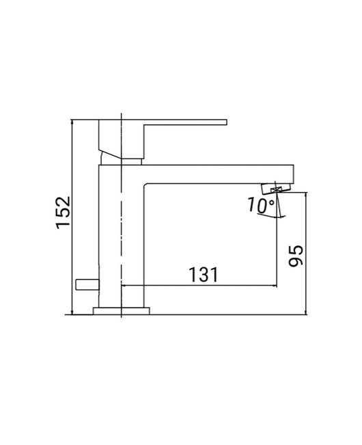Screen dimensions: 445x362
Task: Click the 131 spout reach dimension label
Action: pyautogui.click(x=202, y=275)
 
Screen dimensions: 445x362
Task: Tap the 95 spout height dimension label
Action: pyautogui.click(x=296, y=254)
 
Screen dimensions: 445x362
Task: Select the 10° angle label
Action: pyautogui.click(x=261, y=205)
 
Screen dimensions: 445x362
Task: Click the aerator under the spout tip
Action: pyautogui.click(x=276, y=189)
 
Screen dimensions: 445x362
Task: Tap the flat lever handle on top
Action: pyautogui.click(x=184, y=124)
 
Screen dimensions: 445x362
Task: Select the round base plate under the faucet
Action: pyautogui.click(x=121, y=312)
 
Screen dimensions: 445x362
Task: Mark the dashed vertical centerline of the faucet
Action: pyautogui.click(x=121, y=226)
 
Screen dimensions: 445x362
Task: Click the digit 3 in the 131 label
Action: pyautogui.click(x=202, y=275)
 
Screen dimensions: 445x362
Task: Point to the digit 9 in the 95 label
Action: pyautogui.click(x=296, y=262)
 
